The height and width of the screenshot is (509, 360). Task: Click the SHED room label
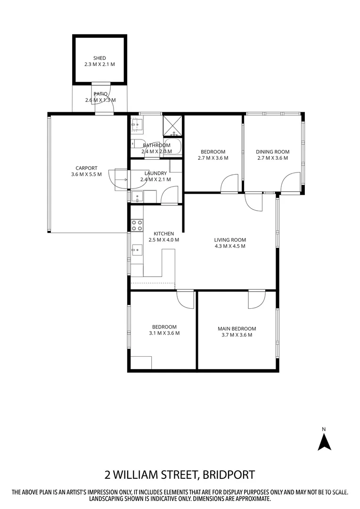point(99,58)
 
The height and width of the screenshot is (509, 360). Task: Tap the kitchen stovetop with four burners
point(137,225)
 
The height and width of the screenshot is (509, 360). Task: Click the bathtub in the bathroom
point(174,147)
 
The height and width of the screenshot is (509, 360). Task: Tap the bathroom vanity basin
point(138,124)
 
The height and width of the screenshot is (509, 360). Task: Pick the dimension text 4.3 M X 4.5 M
point(230,246)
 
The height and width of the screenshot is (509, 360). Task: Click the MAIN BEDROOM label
point(237,328)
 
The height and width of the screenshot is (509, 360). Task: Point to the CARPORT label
point(86,168)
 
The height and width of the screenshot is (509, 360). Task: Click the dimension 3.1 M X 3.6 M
point(164,333)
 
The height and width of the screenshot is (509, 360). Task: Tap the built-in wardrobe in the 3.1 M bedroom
point(141,362)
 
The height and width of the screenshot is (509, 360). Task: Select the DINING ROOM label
point(272,152)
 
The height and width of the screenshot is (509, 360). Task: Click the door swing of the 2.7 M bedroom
point(230,183)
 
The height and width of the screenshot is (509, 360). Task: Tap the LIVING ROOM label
point(230,239)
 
